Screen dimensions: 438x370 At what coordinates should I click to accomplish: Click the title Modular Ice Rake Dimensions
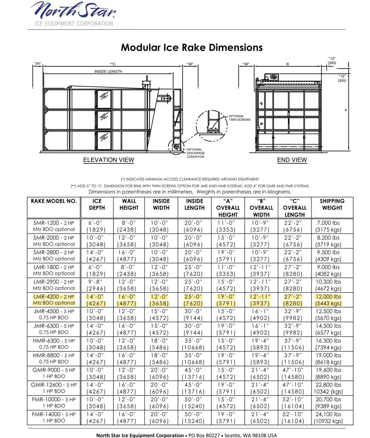tap(192, 47)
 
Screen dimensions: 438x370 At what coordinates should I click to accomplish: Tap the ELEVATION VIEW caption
tap(108, 160)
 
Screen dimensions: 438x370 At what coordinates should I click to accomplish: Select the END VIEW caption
tap(292, 160)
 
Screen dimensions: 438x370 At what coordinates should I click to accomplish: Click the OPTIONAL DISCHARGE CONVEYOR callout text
tap(195, 153)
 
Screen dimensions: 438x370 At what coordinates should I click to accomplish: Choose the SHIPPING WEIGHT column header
tap(332, 204)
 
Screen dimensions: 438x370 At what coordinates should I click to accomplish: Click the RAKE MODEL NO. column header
tap(54, 201)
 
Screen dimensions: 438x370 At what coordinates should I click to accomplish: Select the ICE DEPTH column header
tap(97, 204)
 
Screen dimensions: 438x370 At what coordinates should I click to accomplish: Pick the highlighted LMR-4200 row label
tap(54, 300)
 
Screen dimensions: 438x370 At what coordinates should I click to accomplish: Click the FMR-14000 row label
tap(54, 417)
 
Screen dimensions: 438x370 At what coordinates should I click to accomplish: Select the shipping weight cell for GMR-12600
tap(328, 388)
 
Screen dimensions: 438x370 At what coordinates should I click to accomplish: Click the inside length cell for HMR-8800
tap(194, 358)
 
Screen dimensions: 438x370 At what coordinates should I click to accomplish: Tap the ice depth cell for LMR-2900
tap(96, 285)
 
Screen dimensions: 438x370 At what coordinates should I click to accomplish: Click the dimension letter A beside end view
tap(345, 110)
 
